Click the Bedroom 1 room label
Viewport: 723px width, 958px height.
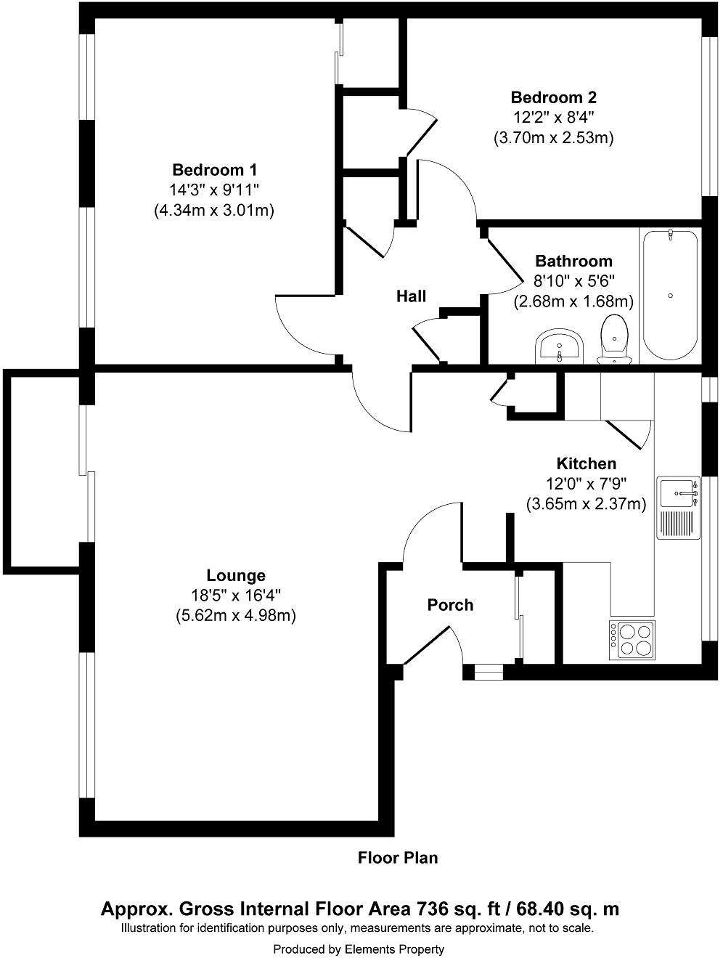point(214,170)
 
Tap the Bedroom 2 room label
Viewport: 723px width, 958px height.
point(553,97)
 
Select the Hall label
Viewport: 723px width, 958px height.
point(411,296)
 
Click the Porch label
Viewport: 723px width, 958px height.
point(450,605)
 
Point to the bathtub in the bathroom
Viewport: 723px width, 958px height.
point(670,295)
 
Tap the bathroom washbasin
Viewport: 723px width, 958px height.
point(559,346)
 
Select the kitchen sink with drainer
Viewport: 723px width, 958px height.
point(678,508)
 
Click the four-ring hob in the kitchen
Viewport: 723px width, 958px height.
point(632,640)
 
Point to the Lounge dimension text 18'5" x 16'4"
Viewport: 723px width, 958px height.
point(235,596)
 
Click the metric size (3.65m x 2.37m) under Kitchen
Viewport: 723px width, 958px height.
point(586,503)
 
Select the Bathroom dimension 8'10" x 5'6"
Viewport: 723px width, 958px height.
point(573,281)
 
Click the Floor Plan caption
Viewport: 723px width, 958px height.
point(398,858)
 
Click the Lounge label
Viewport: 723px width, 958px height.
point(235,576)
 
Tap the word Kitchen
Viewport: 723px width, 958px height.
point(586,463)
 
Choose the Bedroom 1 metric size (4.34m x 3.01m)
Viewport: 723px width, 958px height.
point(214,211)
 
